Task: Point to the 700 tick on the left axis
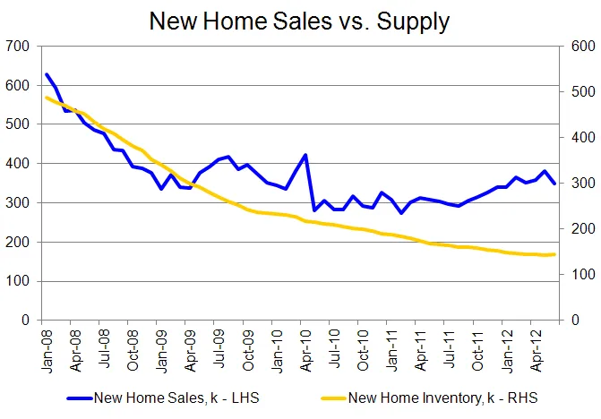tap(16, 46)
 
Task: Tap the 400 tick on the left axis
tap(16, 164)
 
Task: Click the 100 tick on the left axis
tap(16, 281)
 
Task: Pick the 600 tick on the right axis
tap(581, 46)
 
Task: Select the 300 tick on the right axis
tap(581, 184)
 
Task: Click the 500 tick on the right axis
tap(581, 92)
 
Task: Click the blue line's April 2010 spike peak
tap(305, 155)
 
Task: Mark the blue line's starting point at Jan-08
tap(47, 74)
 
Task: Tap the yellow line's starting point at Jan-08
tap(47, 97)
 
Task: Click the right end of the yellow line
tap(555, 254)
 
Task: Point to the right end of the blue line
tap(555, 184)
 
